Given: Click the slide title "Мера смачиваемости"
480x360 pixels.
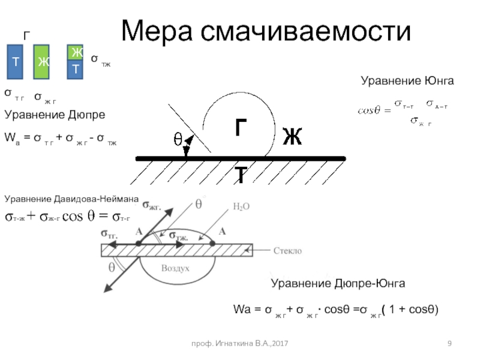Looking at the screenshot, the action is click(x=266, y=31).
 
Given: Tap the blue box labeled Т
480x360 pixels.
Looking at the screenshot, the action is click(x=14, y=62).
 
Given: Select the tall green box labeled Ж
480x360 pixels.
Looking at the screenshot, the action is click(x=41, y=62).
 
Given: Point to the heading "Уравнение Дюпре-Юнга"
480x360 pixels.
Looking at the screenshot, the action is click(x=338, y=283).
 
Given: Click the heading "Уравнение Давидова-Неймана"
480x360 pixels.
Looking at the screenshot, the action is click(x=71, y=198).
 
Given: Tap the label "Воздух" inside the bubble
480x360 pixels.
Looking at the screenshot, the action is click(x=174, y=268).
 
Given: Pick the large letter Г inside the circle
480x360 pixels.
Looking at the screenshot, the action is click(x=241, y=128).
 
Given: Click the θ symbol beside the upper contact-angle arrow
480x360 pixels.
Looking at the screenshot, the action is click(x=178, y=139).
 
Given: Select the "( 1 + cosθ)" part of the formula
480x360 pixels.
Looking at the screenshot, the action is click(x=413, y=310).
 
